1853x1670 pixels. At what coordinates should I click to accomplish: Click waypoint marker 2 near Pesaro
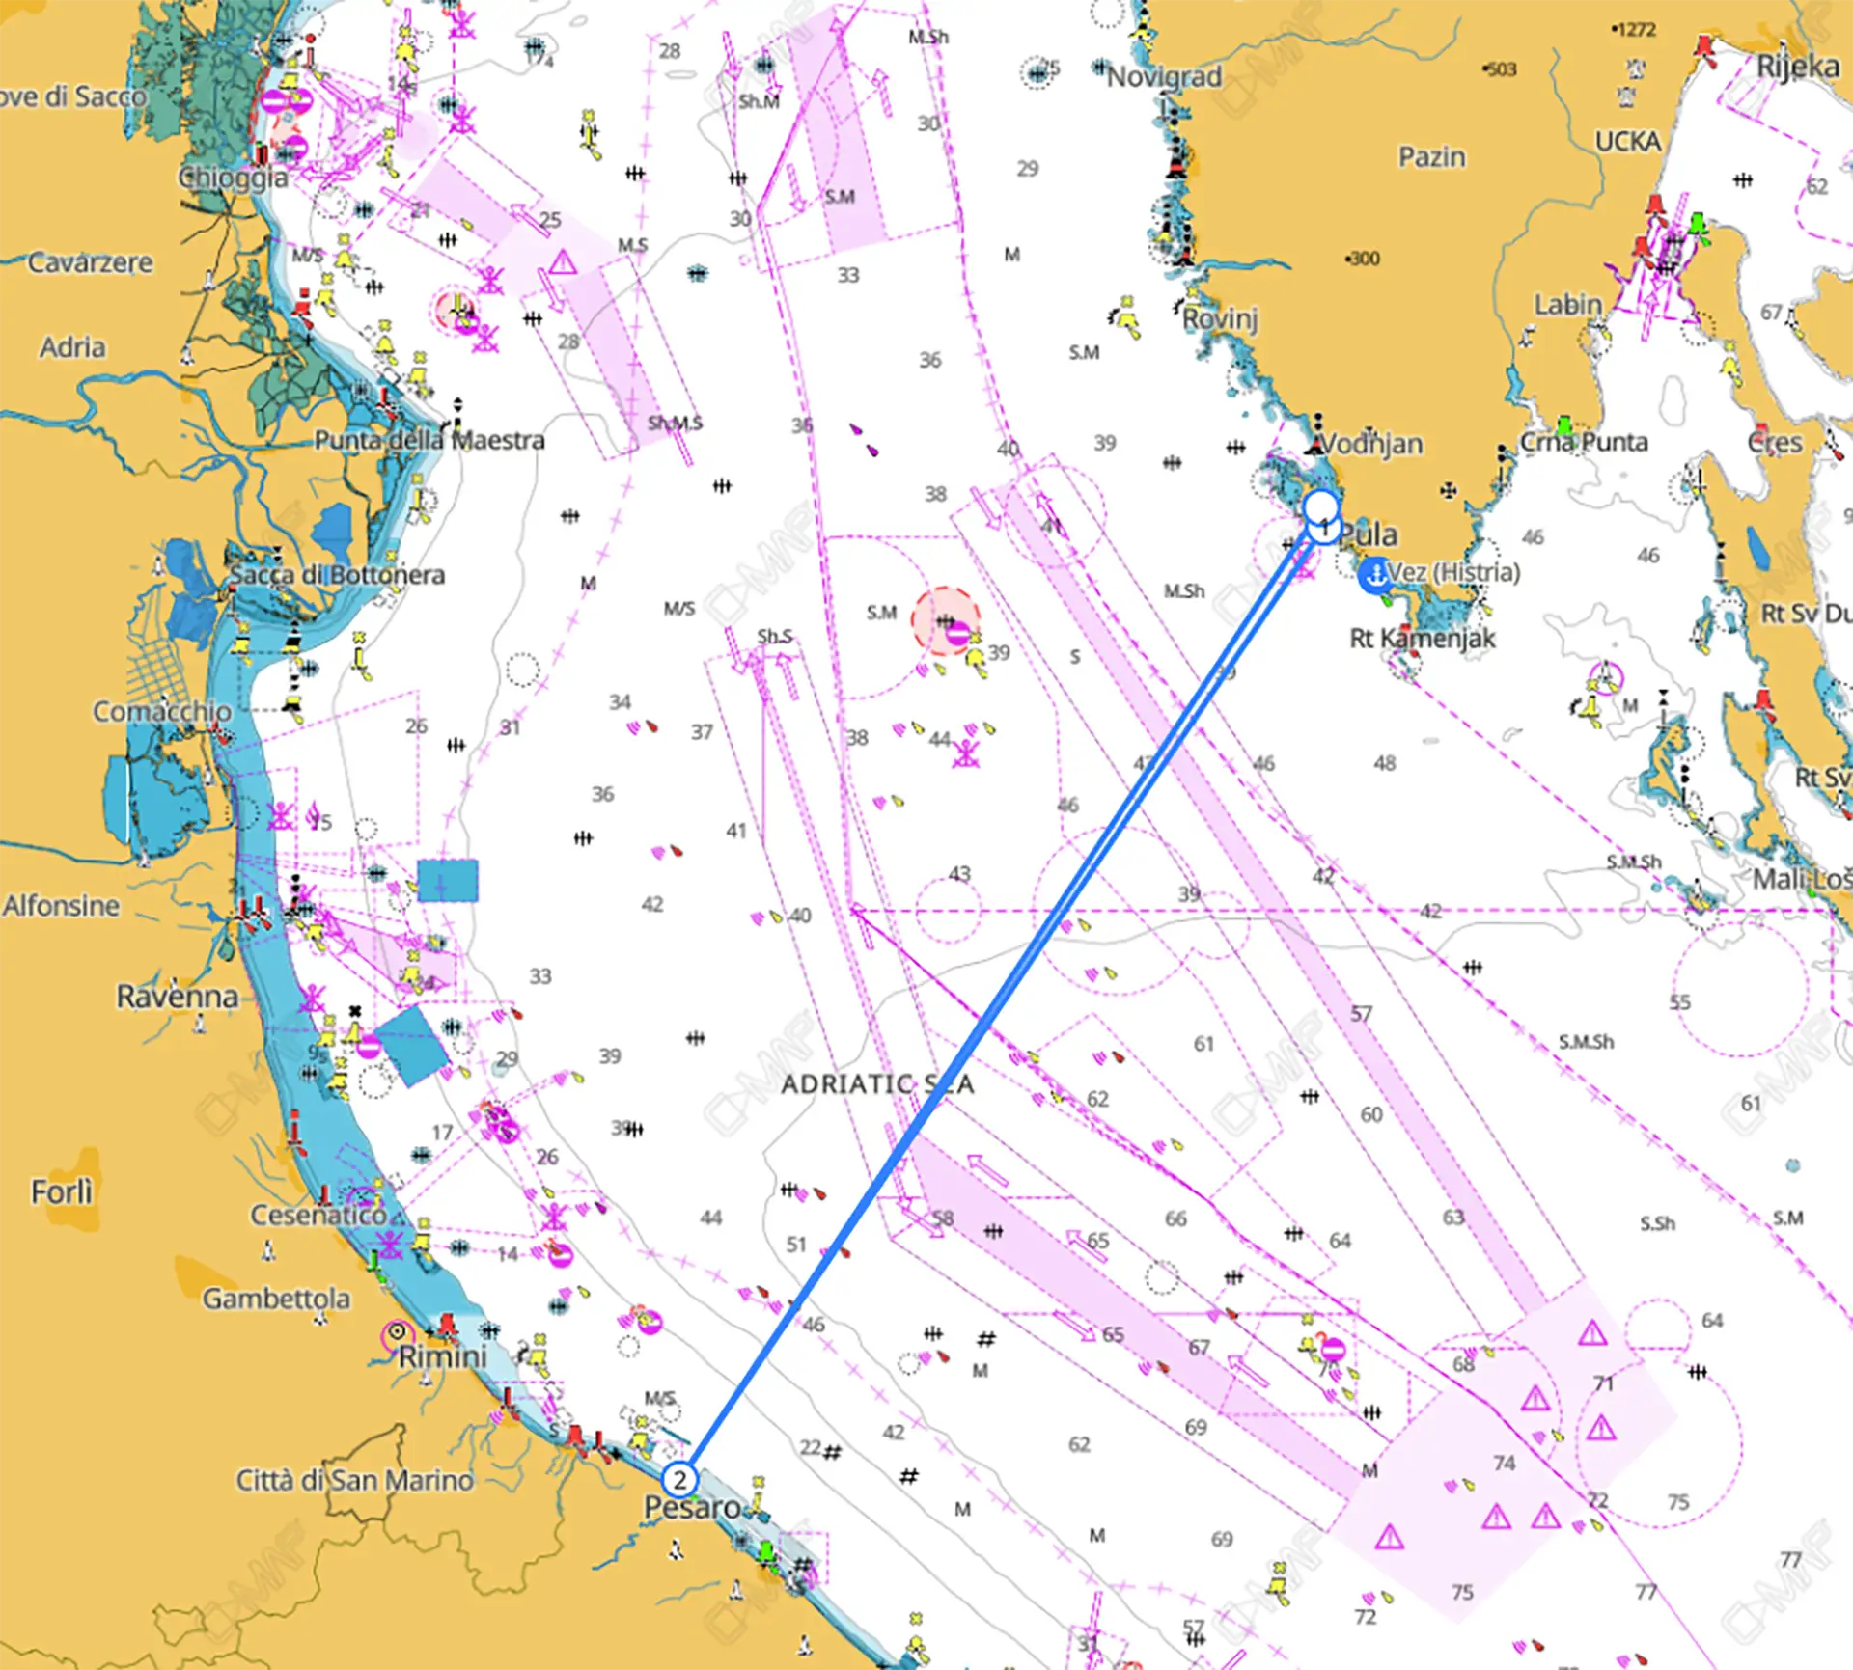pos(679,1479)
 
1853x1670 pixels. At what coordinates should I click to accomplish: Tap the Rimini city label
pos(442,1356)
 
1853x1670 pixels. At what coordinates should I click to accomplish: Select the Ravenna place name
pos(178,996)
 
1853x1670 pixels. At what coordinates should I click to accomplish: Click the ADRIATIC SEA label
pos(876,1084)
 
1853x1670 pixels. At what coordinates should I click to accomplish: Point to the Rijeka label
pos(1797,67)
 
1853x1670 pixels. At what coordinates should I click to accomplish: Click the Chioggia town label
pos(234,178)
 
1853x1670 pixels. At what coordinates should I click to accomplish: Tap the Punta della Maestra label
pos(429,440)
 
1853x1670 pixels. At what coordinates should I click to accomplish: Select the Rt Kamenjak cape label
pos(1422,638)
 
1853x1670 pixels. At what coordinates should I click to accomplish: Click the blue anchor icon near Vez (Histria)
pos(1373,575)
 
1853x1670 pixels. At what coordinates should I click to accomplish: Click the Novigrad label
pos(1164,76)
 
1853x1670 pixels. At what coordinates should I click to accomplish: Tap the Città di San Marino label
pos(355,1479)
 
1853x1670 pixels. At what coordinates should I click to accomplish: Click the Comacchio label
pos(162,711)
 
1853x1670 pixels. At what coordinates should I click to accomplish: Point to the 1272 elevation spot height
pos(1634,30)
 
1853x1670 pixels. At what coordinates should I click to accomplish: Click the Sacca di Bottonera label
pos(337,575)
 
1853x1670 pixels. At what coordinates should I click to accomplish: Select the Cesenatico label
pos(318,1215)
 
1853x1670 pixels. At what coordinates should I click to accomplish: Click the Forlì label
pos(62,1191)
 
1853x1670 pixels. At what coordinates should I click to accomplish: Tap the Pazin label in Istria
pos(1432,156)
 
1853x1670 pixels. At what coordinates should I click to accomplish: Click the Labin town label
pos(1568,305)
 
